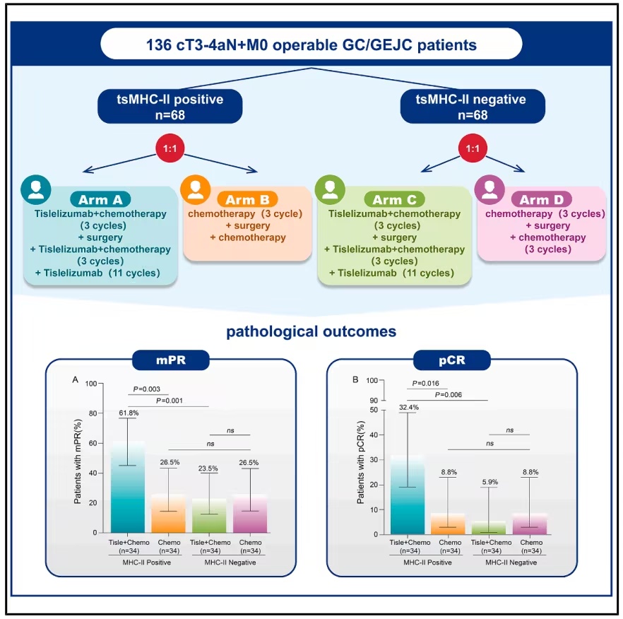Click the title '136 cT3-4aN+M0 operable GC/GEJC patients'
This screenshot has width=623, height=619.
[x=311, y=45]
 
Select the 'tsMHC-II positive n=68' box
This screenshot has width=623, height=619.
[x=170, y=106]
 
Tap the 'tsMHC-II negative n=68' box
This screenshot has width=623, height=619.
[x=473, y=106]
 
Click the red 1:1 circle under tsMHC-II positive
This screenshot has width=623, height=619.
[x=170, y=148]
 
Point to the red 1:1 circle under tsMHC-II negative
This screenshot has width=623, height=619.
[x=473, y=148]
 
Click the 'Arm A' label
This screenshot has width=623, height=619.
[x=100, y=199]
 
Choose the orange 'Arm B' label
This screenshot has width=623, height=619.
[x=247, y=199]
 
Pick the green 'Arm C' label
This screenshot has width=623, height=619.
[x=394, y=199]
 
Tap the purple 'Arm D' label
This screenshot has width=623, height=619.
[x=542, y=199]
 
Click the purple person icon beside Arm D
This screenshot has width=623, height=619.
[x=490, y=189]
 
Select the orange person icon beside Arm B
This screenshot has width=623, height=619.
[x=195, y=189]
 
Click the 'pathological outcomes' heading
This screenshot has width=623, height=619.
[x=311, y=331]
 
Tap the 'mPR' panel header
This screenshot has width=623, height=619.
[x=171, y=360]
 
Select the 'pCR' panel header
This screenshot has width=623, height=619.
[x=452, y=360]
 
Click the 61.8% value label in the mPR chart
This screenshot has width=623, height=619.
[x=129, y=413]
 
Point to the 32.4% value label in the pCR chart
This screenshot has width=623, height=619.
[x=409, y=408]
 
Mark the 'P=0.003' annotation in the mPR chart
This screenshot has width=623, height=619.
[x=147, y=389]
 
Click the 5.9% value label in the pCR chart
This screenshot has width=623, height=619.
[x=490, y=482]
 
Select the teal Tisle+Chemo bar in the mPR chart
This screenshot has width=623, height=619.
[x=128, y=487]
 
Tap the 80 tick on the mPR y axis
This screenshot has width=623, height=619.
[x=93, y=413]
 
